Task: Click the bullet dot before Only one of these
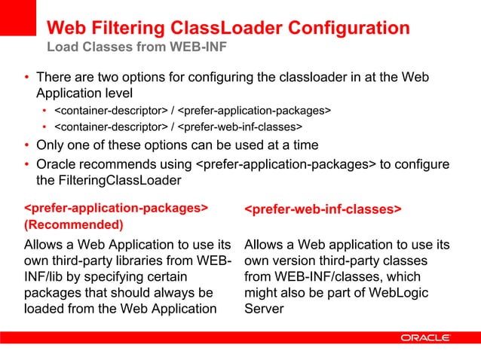click(26, 145)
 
